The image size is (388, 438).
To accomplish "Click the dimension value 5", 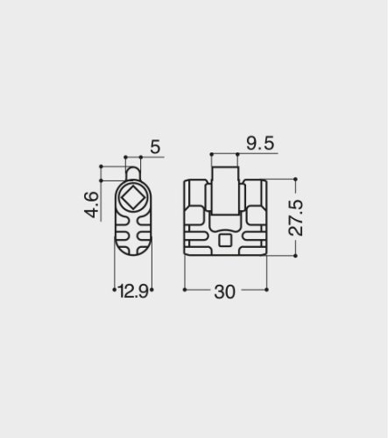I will coord(154,147).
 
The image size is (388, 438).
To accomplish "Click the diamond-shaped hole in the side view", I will coord(133,201).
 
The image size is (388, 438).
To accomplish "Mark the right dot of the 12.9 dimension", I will coord(151,288).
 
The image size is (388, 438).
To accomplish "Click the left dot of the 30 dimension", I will coord(185,288).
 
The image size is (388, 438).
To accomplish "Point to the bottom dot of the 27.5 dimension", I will coord(296,255).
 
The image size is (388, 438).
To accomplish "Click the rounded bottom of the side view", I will coord(133,251).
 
